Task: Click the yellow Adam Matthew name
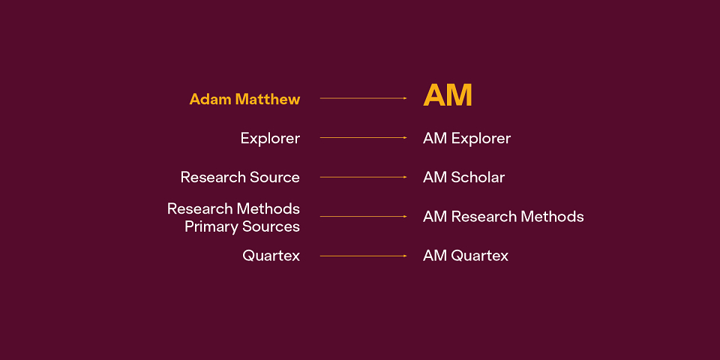244,99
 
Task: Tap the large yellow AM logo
448,95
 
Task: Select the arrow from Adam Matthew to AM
363,98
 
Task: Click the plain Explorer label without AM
270,138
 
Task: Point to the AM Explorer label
466,138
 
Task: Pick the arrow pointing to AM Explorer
363,138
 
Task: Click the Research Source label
240,177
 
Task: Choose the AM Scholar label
463,177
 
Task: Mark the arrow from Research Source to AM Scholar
363,177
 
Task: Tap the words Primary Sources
242,226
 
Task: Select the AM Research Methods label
503,216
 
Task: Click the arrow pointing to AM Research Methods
363,216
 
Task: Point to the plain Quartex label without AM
271,256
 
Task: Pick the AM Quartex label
466,256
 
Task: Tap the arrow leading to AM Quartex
363,256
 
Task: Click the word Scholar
478,177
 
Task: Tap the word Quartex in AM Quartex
480,256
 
